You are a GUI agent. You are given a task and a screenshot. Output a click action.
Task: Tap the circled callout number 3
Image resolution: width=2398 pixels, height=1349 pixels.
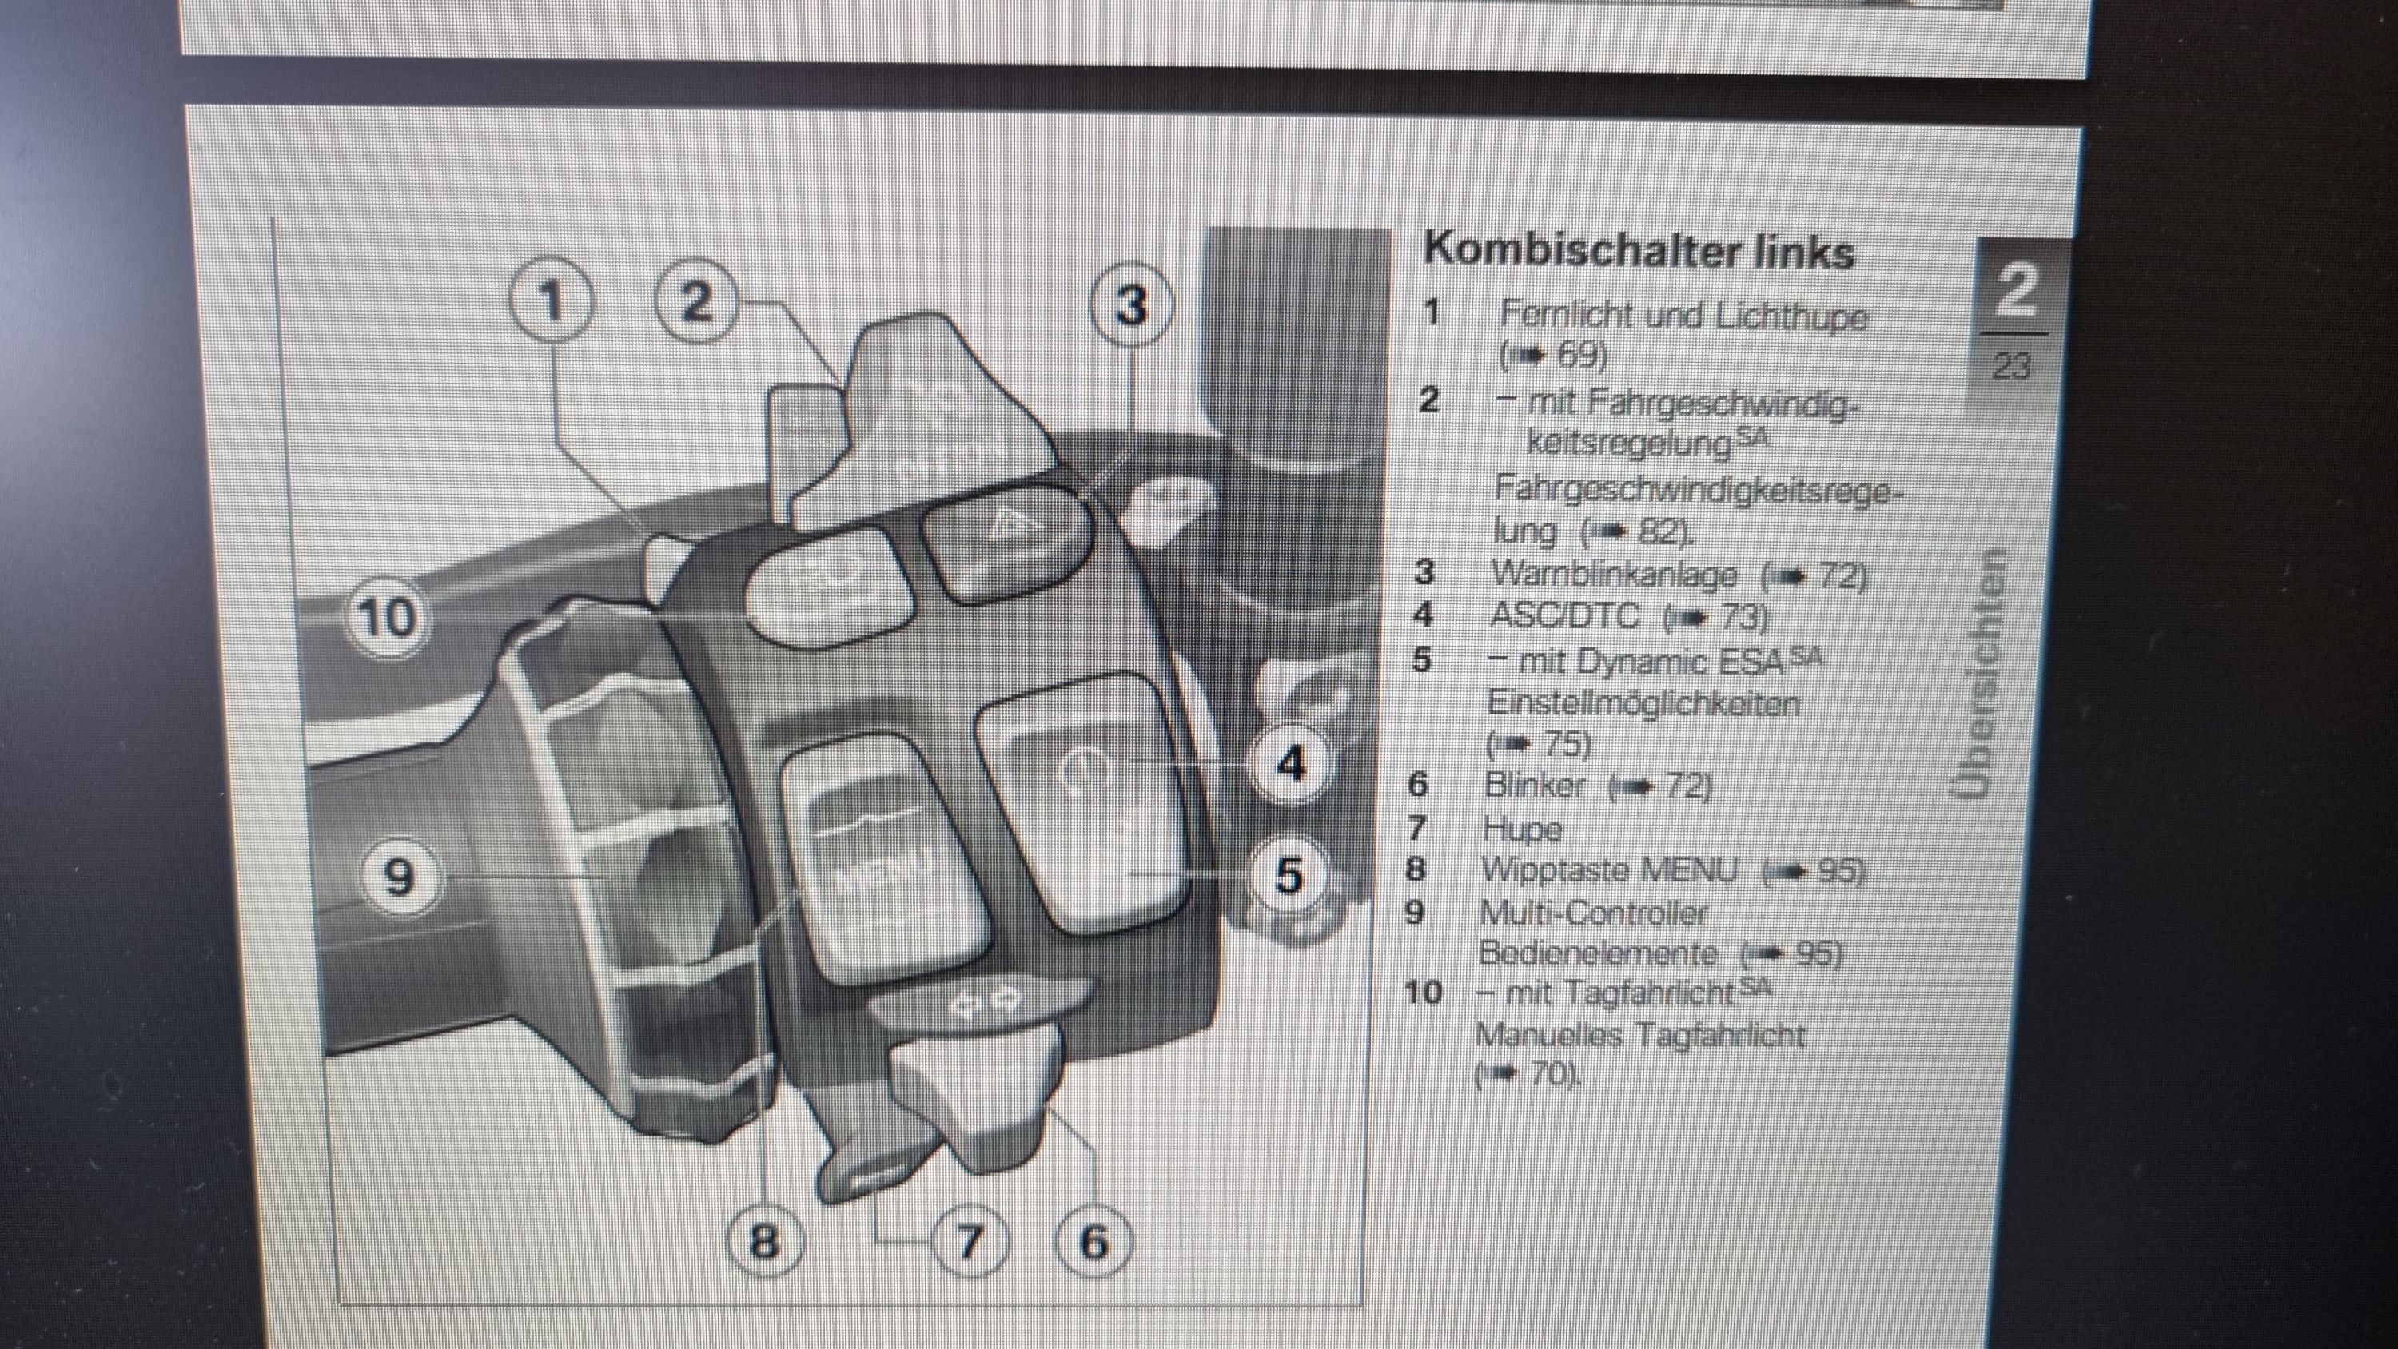point(1131,304)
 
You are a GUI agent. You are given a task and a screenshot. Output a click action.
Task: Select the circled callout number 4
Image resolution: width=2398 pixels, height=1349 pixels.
point(1290,764)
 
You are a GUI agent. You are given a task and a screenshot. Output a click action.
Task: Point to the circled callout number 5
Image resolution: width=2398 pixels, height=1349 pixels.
point(1289,875)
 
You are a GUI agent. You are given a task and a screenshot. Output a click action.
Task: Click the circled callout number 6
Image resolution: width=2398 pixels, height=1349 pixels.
point(1093,1241)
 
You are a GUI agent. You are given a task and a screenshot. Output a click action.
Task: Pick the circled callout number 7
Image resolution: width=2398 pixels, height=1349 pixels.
point(969,1241)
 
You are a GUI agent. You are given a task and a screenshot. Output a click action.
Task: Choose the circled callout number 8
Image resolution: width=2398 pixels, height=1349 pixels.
point(763,1241)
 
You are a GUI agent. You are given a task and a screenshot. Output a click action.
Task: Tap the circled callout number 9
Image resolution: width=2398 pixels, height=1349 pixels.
point(398,876)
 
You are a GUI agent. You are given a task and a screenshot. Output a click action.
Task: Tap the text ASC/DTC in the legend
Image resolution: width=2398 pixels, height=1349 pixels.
point(1564,615)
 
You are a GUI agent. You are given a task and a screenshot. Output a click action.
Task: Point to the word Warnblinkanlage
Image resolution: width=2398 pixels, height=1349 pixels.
point(1614,575)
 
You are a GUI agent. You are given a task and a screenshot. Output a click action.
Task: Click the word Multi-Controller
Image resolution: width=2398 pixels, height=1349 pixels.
point(1593,913)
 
